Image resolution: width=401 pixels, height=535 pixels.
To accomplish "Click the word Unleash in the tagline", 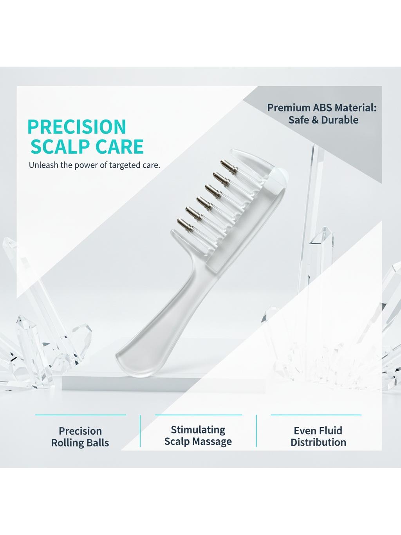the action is pyautogui.click(x=43, y=165).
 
